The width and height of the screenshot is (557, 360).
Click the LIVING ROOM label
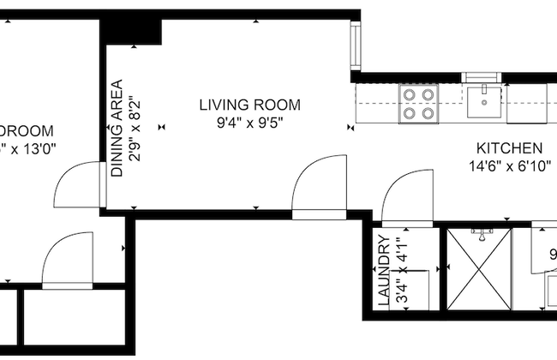pyautogui.click(x=249, y=105)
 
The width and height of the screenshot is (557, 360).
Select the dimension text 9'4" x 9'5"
pyautogui.click(x=249, y=123)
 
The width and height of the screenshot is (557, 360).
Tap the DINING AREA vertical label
pyautogui.click(x=117, y=129)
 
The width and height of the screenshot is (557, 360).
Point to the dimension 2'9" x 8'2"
pyautogui.click(x=134, y=129)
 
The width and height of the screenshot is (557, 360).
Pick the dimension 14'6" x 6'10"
pyautogui.click(x=509, y=165)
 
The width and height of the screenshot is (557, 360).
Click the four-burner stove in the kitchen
pyautogui.click(x=418, y=104)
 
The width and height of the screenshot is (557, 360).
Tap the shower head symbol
pyautogui.click(x=482, y=232)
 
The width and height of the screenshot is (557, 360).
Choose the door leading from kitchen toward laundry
pyautogui.click(x=407, y=197)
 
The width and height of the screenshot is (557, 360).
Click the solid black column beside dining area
pyautogui.click(x=131, y=31)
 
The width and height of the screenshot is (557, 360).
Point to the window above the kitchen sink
pyautogui.click(x=483, y=76)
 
